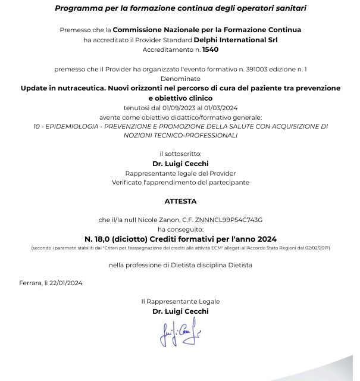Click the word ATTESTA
tap(180, 201)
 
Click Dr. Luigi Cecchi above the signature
tap(180, 311)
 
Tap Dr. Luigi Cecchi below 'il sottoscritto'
tap(180, 164)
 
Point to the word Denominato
tap(180, 78)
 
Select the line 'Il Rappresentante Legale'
tap(180, 302)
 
